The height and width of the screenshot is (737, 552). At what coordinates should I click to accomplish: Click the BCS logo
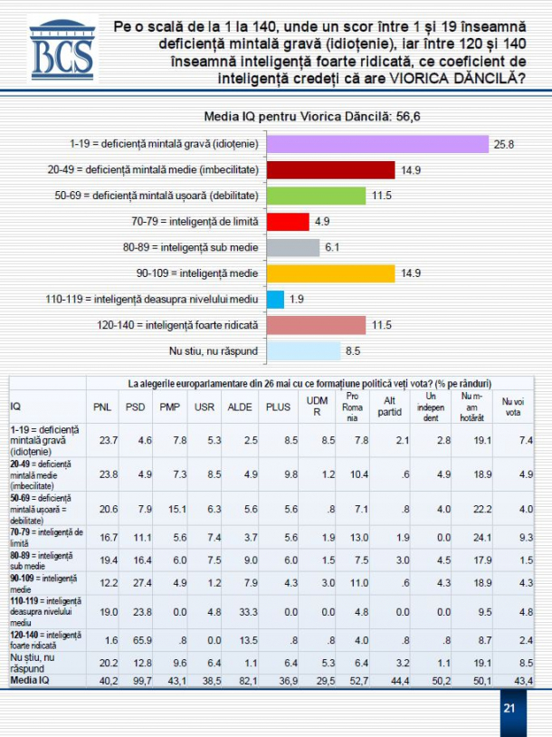pyautogui.click(x=61, y=56)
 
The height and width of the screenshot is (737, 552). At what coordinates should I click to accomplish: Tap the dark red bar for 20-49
pyautogui.click(x=331, y=169)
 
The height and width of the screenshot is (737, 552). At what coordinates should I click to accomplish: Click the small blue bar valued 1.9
pyautogui.click(x=276, y=298)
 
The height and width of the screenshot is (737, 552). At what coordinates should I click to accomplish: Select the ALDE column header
pyautogui.click(x=239, y=406)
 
